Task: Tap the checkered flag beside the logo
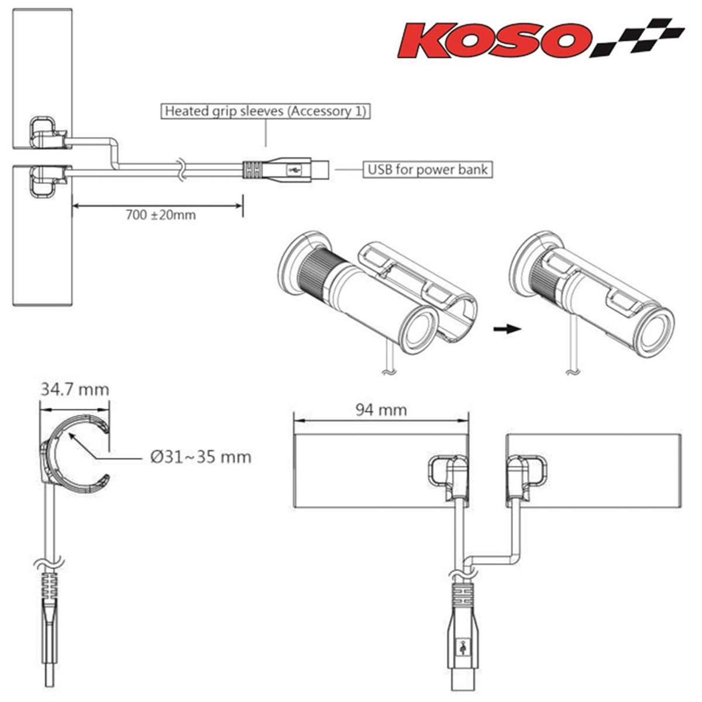[638, 37]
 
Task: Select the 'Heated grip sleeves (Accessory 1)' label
[265, 111]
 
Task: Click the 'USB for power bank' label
[428, 170]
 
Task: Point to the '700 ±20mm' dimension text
[161, 215]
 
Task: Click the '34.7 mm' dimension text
[75, 390]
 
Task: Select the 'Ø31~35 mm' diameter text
[201, 457]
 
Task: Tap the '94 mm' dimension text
[381, 410]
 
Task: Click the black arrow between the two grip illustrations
[507, 329]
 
